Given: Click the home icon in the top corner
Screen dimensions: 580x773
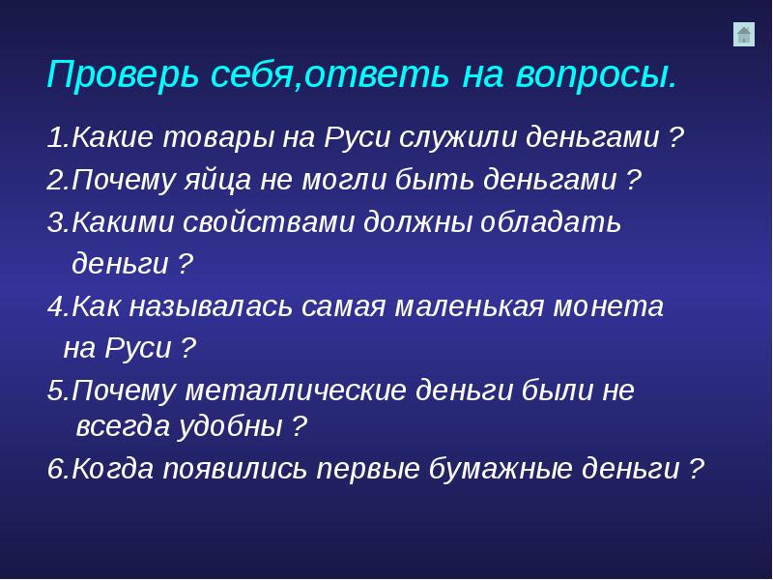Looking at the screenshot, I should tap(743, 35).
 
